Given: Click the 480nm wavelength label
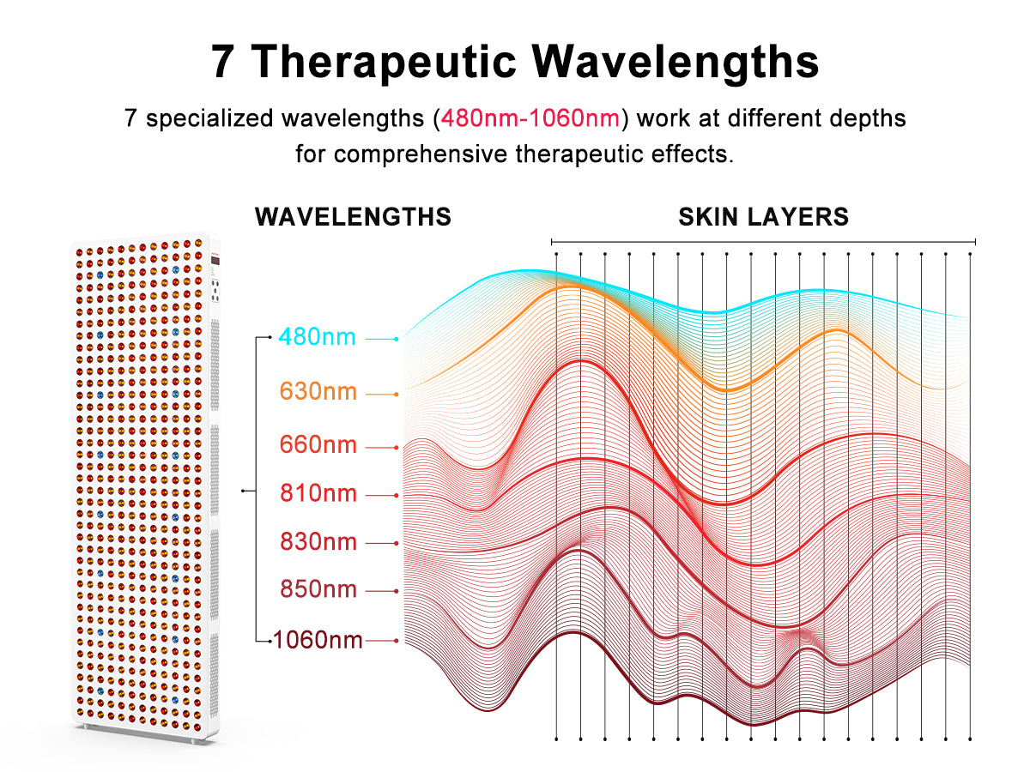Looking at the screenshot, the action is tap(318, 336).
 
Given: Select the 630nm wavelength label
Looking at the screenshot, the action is tap(318, 391).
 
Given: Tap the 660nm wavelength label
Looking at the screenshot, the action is tap(318, 444).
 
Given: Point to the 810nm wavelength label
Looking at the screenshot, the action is tap(318, 493).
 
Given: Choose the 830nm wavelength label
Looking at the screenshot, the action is tap(318, 541).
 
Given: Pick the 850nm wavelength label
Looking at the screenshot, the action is tap(318, 589).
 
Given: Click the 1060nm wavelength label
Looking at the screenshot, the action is tap(318, 640).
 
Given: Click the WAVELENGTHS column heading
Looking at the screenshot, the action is tap(353, 216).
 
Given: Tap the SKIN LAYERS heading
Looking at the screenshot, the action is tap(763, 216).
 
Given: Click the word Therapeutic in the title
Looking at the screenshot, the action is tap(384, 62).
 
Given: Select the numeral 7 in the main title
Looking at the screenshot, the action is tap(222, 62).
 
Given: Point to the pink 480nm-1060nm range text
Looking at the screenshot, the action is tap(530, 118).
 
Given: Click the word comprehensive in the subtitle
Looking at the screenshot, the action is tap(421, 154).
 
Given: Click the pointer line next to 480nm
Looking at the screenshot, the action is tap(382, 339).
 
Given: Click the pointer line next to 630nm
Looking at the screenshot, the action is tap(382, 395).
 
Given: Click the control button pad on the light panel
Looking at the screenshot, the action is tap(215, 291).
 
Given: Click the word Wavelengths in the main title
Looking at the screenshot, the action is tap(676, 62).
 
